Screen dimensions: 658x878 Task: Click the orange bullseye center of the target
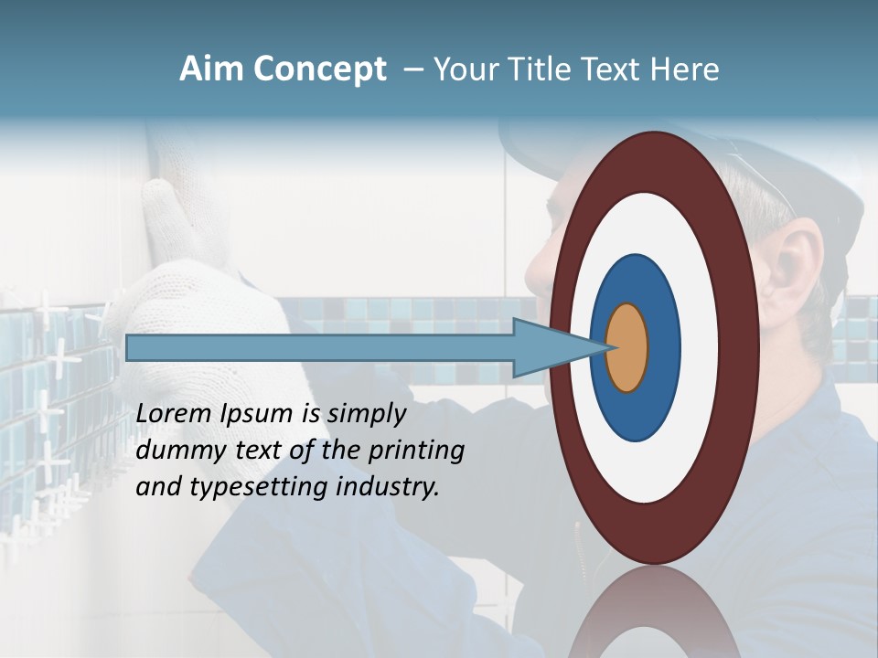tap(627, 347)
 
